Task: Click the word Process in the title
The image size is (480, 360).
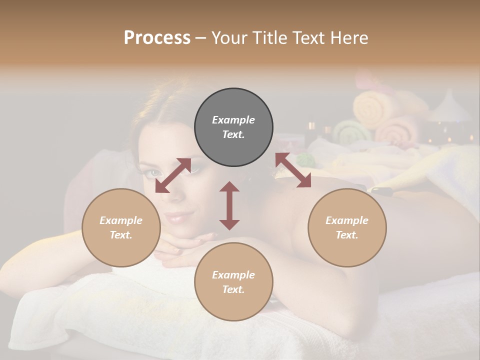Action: point(157,38)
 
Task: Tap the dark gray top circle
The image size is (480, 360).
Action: point(233,127)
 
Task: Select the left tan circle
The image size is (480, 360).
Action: point(121,228)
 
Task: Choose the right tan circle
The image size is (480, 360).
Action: point(347,228)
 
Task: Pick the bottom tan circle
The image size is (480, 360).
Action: point(233,282)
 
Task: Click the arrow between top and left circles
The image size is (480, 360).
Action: point(173,175)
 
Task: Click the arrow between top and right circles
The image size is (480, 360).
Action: point(293,170)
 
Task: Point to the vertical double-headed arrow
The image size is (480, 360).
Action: point(229,205)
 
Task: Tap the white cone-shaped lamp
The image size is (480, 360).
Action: point(450,109)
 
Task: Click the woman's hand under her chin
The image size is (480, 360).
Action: point(185,245)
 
